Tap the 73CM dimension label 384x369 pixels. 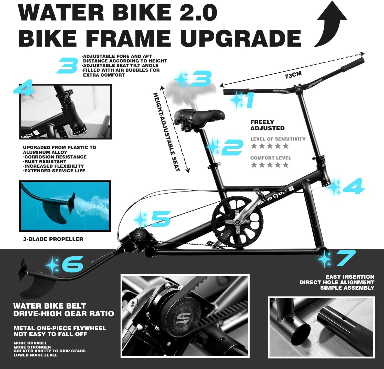293,75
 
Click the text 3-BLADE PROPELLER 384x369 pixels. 53,239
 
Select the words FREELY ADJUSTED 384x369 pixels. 267,125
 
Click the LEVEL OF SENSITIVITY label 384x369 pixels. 278,139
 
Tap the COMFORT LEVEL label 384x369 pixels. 271,158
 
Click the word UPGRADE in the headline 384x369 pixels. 240,38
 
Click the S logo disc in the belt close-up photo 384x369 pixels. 183,319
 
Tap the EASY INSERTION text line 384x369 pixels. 350,277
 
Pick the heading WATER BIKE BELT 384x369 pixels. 49,306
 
